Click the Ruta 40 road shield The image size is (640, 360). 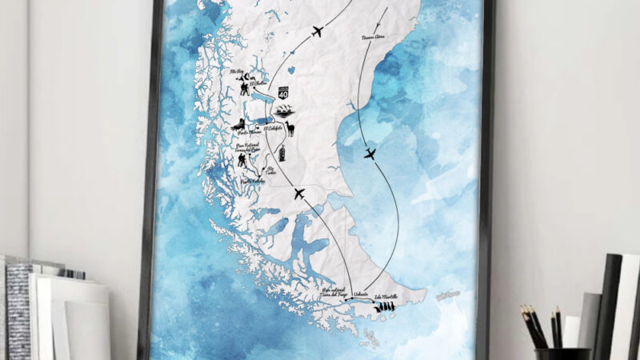[284, 94]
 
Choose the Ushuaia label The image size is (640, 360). [359, 294]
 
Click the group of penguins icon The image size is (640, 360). [386, 304]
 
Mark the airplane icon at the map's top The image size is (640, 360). [316, 32]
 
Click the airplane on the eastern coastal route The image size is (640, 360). [370, 153]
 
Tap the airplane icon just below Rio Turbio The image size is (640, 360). [298, 194]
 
